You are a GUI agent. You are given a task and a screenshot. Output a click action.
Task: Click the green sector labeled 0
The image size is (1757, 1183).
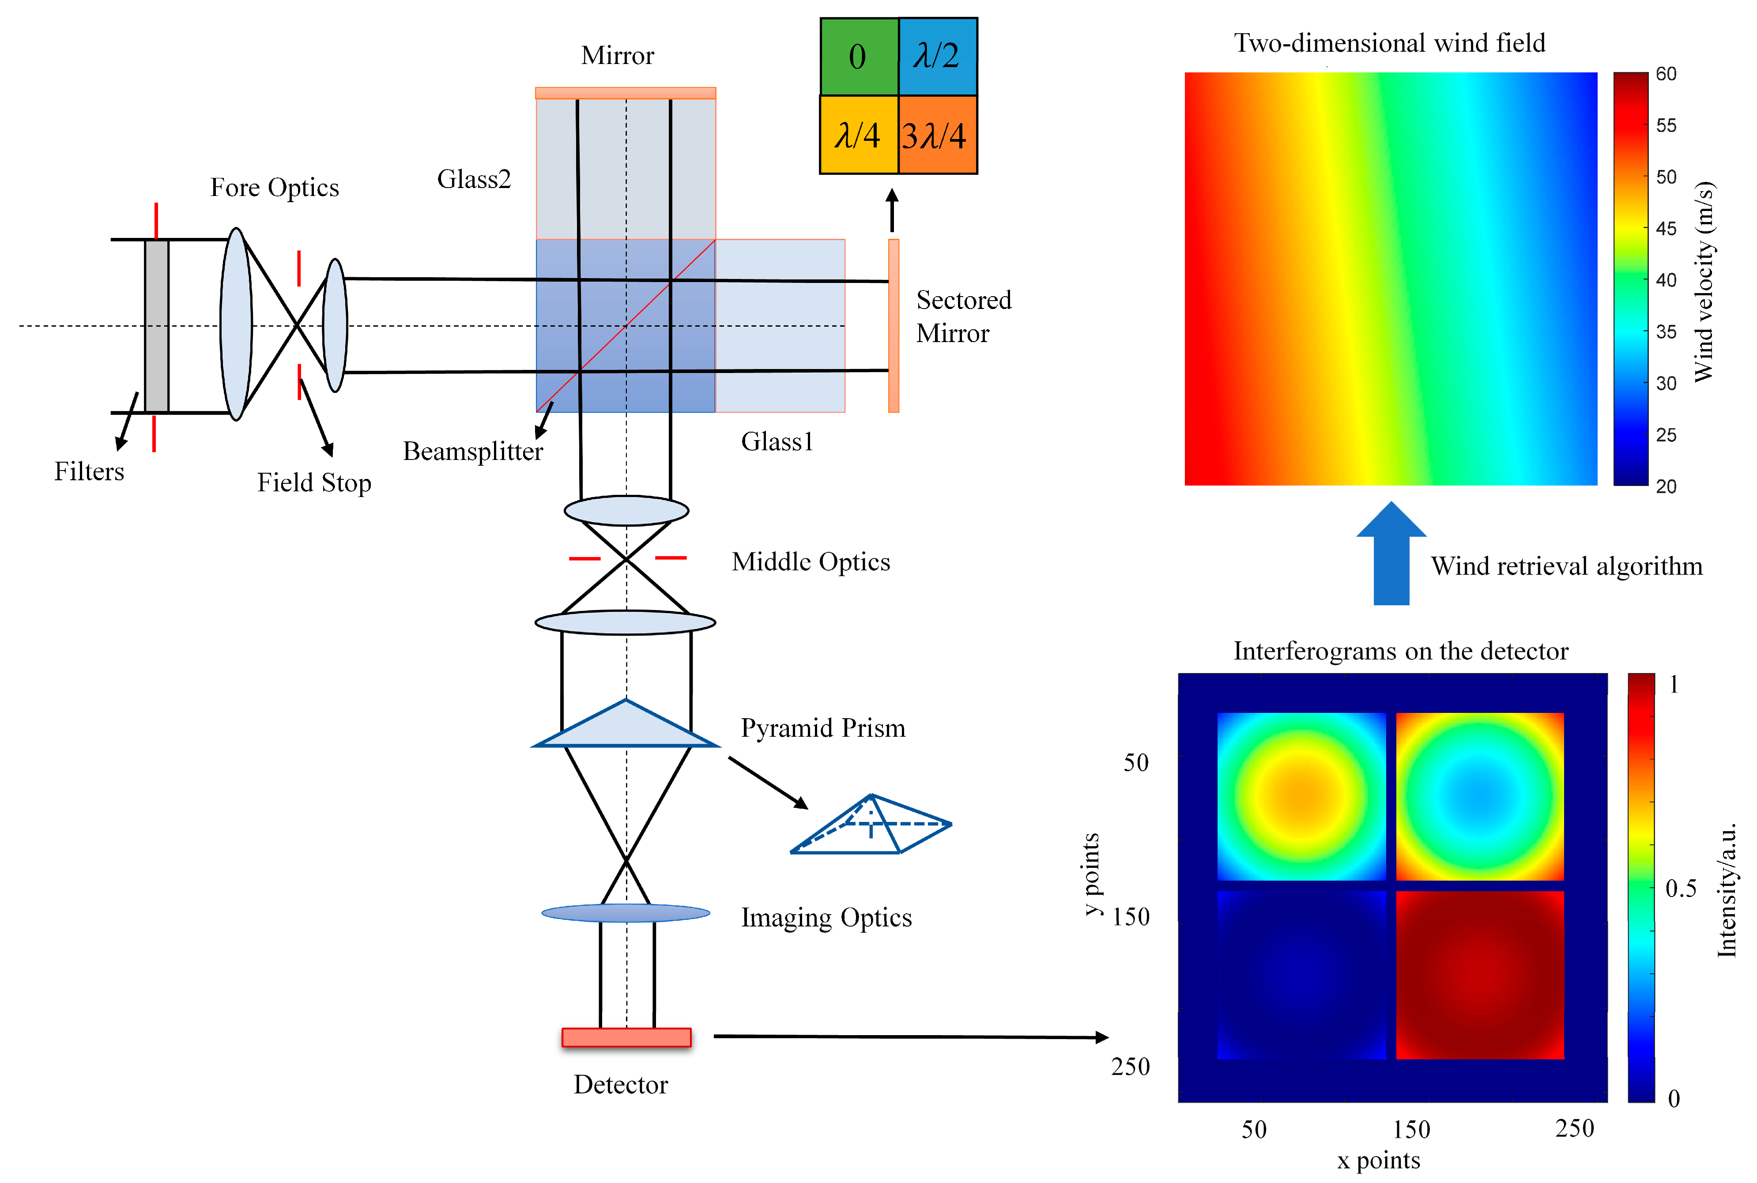(x=859, y=57)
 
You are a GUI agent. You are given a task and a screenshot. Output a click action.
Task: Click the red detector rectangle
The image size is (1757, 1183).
(x=626, y=1037)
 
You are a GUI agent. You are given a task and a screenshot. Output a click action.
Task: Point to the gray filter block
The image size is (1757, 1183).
(x=156, y=326)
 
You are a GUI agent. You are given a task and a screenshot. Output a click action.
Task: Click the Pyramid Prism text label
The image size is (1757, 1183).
(x=822, y=728)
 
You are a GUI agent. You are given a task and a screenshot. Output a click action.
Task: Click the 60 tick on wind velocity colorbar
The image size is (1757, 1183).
(x=1666, y=74)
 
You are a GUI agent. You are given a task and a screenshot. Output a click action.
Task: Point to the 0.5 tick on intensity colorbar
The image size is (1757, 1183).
(x=1681, y=888)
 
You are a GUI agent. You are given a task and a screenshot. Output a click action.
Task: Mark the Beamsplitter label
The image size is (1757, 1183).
(x=472, y=451)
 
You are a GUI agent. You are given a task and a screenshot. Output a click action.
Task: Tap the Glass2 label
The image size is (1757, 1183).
(x=474, y=180)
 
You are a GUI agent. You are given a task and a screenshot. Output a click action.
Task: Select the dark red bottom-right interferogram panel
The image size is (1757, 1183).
(x=1479, y=975)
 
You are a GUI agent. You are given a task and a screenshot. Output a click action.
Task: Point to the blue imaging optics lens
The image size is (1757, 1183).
(x=626, y=913)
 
